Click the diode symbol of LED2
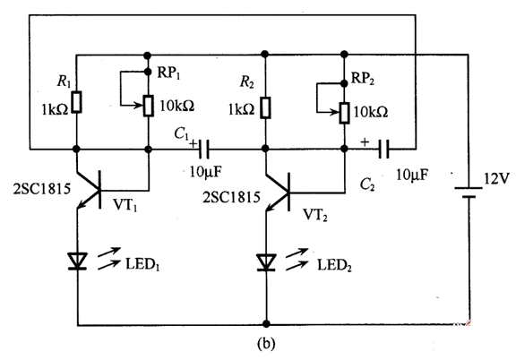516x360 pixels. pos(266,262)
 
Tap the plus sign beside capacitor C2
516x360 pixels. pos(365,141)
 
